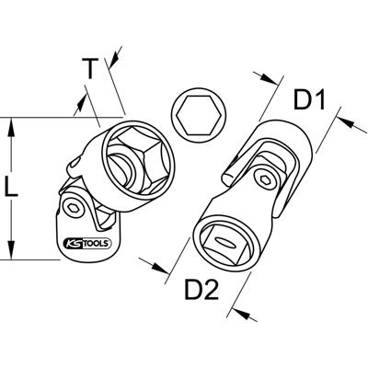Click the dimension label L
pyautogui.click(x=12, y=190)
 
